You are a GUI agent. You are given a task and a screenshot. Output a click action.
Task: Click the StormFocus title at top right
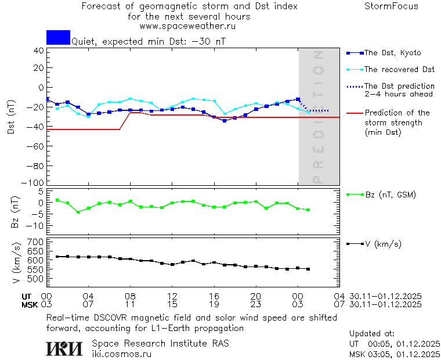(391, 6)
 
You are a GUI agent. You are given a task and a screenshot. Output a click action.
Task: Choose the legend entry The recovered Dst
(399, 70)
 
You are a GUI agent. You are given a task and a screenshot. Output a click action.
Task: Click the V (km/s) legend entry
(382, 244)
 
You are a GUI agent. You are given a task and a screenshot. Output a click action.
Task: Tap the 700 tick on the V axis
(36, 242)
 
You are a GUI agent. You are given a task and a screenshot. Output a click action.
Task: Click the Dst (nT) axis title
(11, 116)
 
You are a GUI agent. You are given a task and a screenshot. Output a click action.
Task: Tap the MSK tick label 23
(256, 304)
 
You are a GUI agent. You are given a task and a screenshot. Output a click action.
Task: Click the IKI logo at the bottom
(64, 348)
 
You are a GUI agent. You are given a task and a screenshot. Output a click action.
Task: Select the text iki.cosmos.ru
(121, 354)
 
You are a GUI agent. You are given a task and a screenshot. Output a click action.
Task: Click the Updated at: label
(372, 334)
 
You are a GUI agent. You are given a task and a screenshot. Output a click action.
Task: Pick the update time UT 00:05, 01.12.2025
(395, 344)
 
